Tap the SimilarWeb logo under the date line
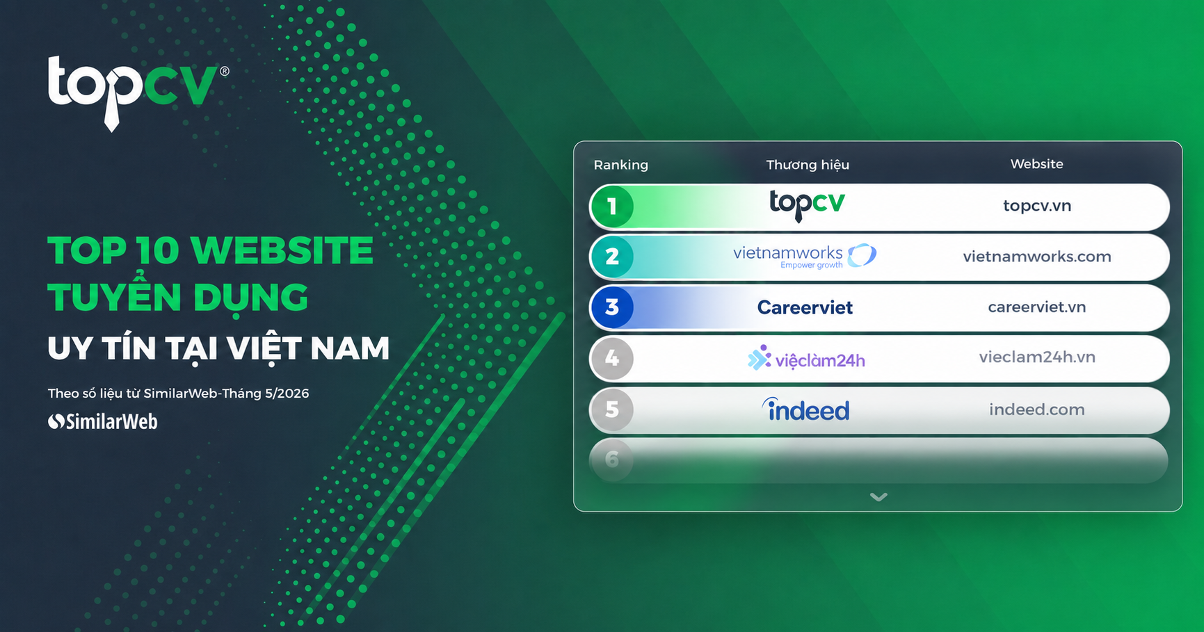103,421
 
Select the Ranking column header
620,165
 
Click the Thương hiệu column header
808,165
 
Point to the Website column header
1036,164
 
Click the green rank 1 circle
612,206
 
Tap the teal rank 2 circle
612,257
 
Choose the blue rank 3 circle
612,307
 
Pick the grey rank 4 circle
612,359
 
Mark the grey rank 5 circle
612,410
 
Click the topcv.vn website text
1037,206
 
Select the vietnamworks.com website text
1037,257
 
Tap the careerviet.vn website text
1037,307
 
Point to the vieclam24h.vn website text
1037,357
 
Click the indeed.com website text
1037,410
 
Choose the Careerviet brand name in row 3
805,307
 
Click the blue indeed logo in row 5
806,410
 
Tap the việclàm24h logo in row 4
806,359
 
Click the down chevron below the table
878,496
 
